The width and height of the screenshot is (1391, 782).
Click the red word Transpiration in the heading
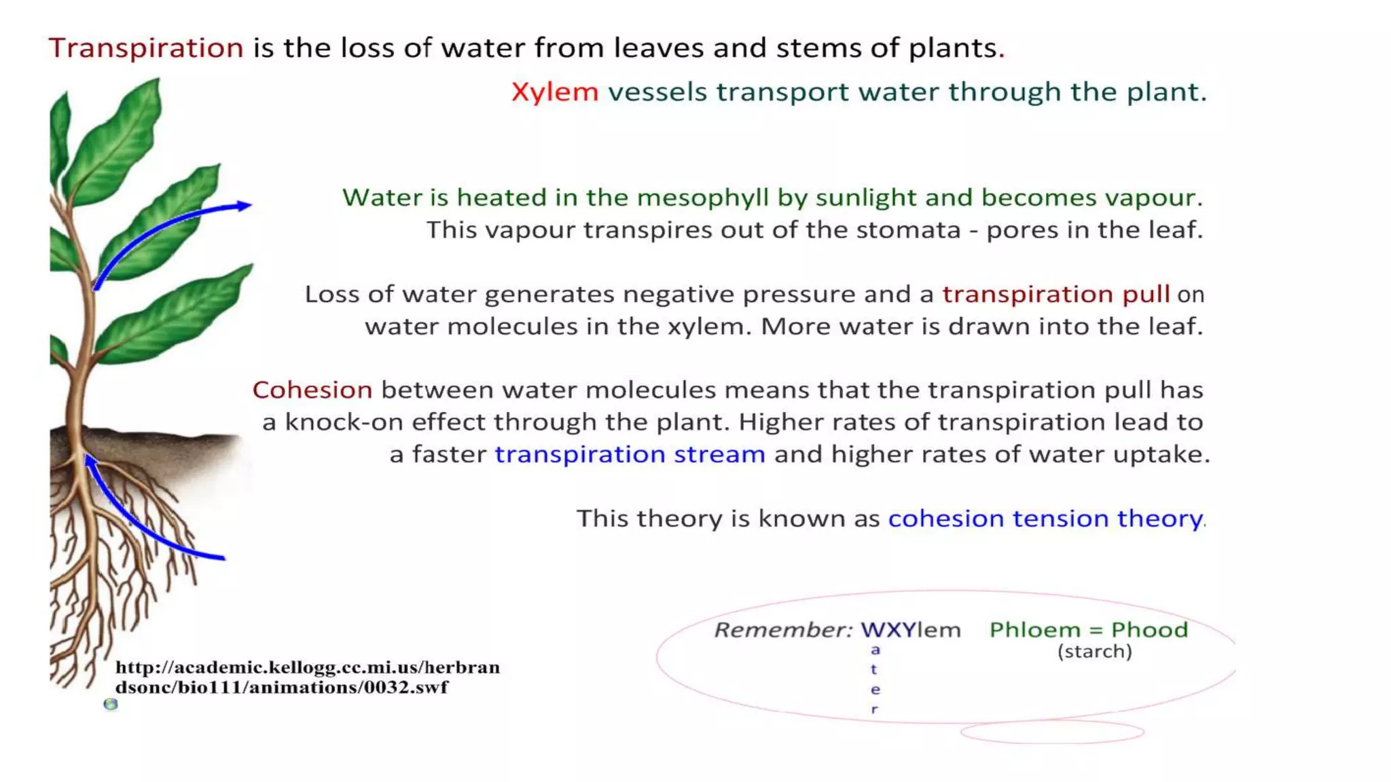(x=146, y=48)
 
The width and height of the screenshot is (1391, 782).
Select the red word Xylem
(x=555, y=92)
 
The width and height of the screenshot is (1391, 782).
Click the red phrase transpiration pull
(x=1055, y=294)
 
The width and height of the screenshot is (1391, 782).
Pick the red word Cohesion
(x=312, y=390)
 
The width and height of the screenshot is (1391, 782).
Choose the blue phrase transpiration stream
(x=630, y=454)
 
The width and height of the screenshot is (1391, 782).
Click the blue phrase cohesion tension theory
(x=1045, y=519)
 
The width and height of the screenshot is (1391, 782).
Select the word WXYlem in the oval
(x=910, y=630)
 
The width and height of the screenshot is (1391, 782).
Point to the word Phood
(x=1149, y=630)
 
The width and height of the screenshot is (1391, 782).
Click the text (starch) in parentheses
(x=1094, y=652)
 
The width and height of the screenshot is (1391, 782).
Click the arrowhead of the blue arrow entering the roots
(x=89, y=460)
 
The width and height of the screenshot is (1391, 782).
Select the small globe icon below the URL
(x=111, y=705)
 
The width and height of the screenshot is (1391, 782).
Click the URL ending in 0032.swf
(x=307, y=677)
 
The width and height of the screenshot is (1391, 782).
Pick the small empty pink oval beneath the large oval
(x=1052, y=732)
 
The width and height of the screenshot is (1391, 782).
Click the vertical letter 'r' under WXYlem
(x=875, y=709)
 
